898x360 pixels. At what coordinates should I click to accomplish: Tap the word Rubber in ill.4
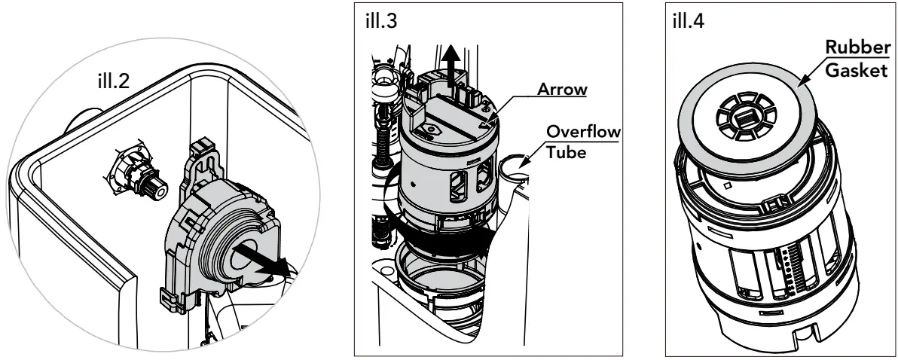[856, 47]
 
